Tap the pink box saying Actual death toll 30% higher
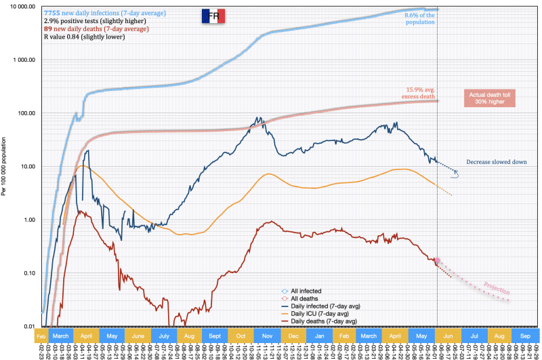[x=489, y=98]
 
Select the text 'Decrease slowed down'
[x=497, y=162]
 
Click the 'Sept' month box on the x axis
[x=214, y=335]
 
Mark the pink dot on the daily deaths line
[x=438, y=260]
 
